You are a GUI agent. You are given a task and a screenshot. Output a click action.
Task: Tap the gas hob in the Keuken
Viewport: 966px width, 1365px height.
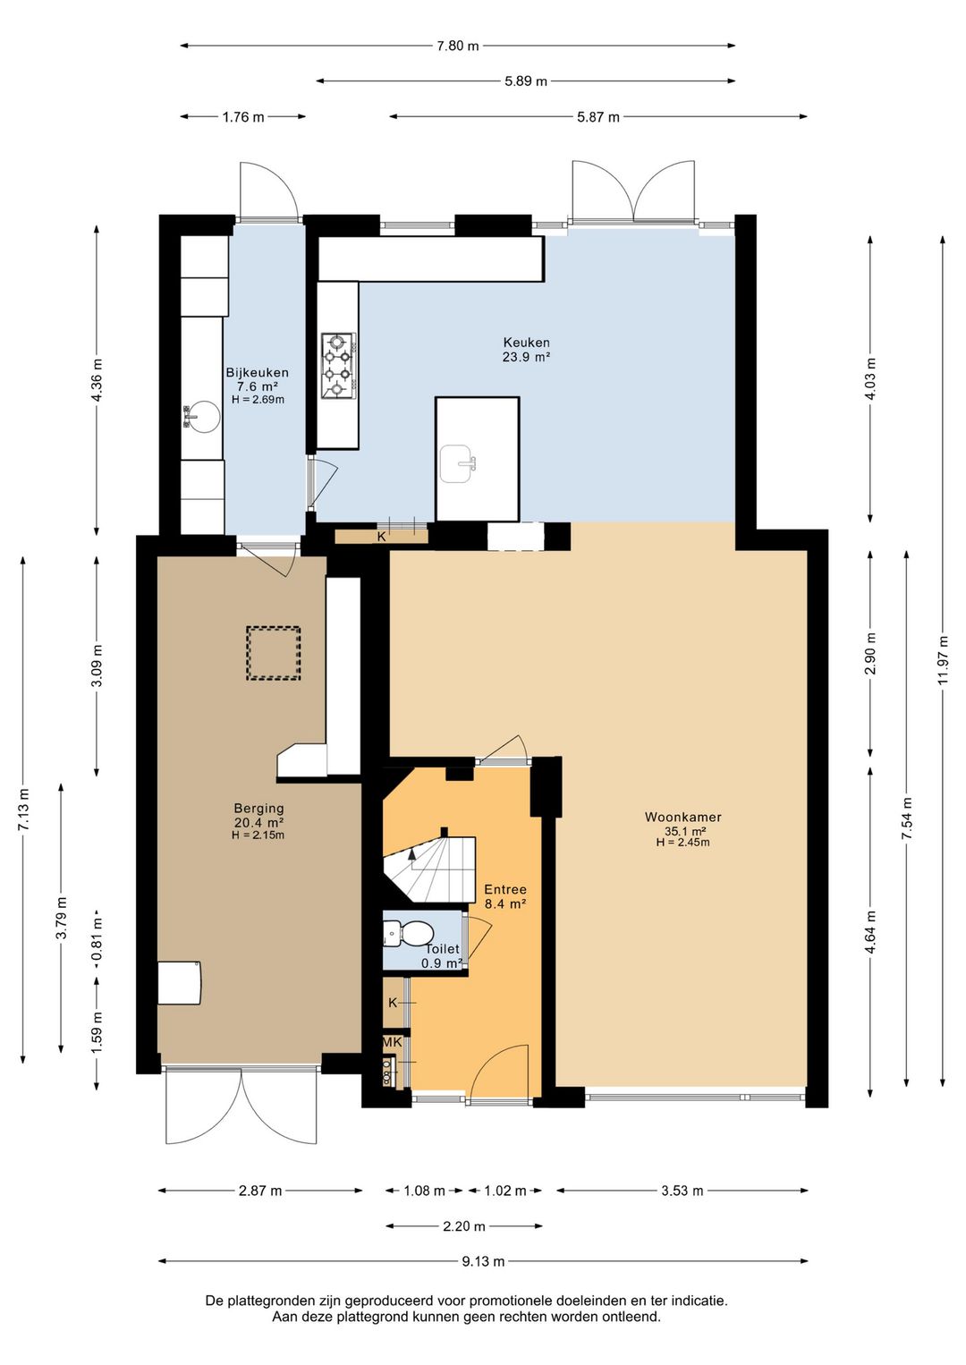(x=338, y=366)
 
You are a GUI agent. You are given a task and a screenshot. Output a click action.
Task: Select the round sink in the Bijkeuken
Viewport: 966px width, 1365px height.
(x=202, y=416)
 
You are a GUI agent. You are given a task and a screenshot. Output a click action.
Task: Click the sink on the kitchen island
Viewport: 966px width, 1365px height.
(x=458, y=463)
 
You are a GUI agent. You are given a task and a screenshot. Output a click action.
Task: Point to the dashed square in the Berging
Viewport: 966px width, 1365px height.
(x=273, y=653)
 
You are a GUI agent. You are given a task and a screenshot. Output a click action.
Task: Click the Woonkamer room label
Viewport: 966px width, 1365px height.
(x=682, y=817)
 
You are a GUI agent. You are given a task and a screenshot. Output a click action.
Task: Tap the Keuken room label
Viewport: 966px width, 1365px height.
(x=526, y=343)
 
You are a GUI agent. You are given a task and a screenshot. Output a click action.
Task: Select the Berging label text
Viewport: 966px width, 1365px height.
(x=259, y=808)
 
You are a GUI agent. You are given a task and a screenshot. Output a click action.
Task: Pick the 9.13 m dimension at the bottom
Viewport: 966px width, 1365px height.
(x=483, y=1261)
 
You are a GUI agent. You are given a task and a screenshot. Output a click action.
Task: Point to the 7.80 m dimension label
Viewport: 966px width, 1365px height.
(x=458, y=45)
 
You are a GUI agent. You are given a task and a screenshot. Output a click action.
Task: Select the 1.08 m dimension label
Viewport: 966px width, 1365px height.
(x=425, y=1191)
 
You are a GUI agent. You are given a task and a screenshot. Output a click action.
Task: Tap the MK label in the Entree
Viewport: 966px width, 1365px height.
(x=392, y=1042)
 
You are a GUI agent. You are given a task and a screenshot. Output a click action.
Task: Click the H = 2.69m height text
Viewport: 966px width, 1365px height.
(x=258, y=400)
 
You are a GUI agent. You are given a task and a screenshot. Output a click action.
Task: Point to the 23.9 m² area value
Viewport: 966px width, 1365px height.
(x=526, y=357)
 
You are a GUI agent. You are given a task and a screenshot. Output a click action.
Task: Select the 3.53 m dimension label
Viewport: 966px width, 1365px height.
(x=682, y=1191)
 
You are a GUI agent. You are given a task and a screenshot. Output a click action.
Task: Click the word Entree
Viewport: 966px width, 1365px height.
(x=505, y=890)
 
